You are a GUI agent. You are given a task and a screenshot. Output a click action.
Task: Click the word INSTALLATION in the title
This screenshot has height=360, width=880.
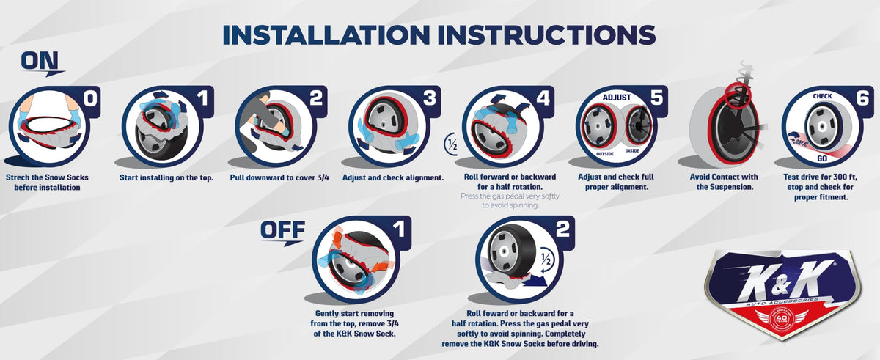(x=326, y=34)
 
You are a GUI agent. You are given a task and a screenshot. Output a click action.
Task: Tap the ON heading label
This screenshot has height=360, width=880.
(x=40, y=62)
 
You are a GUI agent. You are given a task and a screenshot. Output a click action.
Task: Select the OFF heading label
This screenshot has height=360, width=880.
(x=282, y=229)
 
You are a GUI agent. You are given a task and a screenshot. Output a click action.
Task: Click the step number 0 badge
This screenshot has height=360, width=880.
(x=90, y=98)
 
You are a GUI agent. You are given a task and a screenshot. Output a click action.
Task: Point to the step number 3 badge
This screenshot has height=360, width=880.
(x=430, y=98)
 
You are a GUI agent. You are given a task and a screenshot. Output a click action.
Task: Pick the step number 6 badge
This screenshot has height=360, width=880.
(x=862, y=98)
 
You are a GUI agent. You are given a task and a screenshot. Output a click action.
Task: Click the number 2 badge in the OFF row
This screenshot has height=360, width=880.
(x=562, y=229)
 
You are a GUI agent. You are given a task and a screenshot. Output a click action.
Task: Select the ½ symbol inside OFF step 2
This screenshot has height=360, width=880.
(x=546, y=260)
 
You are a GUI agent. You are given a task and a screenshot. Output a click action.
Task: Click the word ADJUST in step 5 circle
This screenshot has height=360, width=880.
(x=617, y=97)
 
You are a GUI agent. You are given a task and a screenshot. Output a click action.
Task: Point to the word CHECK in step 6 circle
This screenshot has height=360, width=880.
(x=822, y=96)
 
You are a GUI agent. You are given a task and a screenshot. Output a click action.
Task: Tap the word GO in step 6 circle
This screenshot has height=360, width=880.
(x=822, y=158)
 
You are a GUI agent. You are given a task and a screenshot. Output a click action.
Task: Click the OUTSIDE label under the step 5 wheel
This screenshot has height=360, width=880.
(x=604, y=154)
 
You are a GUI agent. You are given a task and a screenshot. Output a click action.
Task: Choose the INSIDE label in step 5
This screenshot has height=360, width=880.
(x=632, y=150)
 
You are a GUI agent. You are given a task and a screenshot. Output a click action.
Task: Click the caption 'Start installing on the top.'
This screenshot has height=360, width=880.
(x=166, y=177)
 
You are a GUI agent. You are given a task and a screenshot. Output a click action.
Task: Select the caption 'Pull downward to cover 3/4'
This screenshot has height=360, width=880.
(x=279, y=177)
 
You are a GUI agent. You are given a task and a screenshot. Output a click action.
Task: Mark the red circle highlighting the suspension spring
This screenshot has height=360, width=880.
(x=738, y=95)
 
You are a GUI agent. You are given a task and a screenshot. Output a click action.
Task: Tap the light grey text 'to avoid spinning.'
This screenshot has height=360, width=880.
(x=510, y=205)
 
